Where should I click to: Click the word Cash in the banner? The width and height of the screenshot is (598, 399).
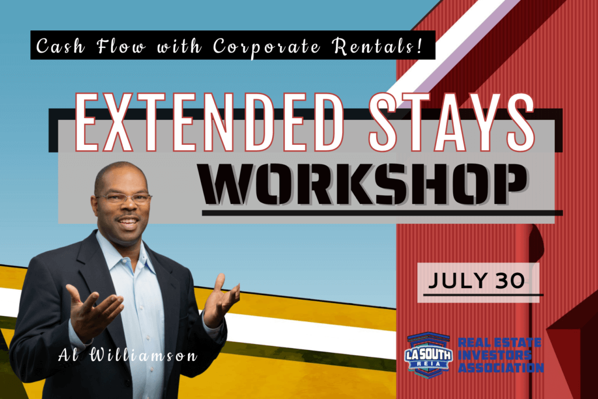tap(60, 46)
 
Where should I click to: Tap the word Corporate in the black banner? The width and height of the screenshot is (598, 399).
tap(266, 46)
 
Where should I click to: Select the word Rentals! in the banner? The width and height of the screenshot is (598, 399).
tap(377, 46)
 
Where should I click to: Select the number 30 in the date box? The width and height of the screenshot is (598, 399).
tap(510, 281)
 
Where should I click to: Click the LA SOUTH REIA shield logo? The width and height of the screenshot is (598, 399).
tap(428, 355)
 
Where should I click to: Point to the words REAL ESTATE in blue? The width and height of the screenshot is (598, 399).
tap(499, 342)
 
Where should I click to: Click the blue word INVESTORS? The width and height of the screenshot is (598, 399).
tap(494, 355)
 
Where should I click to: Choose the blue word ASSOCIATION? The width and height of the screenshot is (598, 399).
tap(500, 367)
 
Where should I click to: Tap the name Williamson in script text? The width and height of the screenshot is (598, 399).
tap(144, 356)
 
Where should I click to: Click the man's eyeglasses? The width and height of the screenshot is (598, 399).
tap(124, 197)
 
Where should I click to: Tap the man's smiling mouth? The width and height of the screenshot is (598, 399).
tap(128, 221)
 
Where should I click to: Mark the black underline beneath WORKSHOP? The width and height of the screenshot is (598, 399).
tap(382, 213)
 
